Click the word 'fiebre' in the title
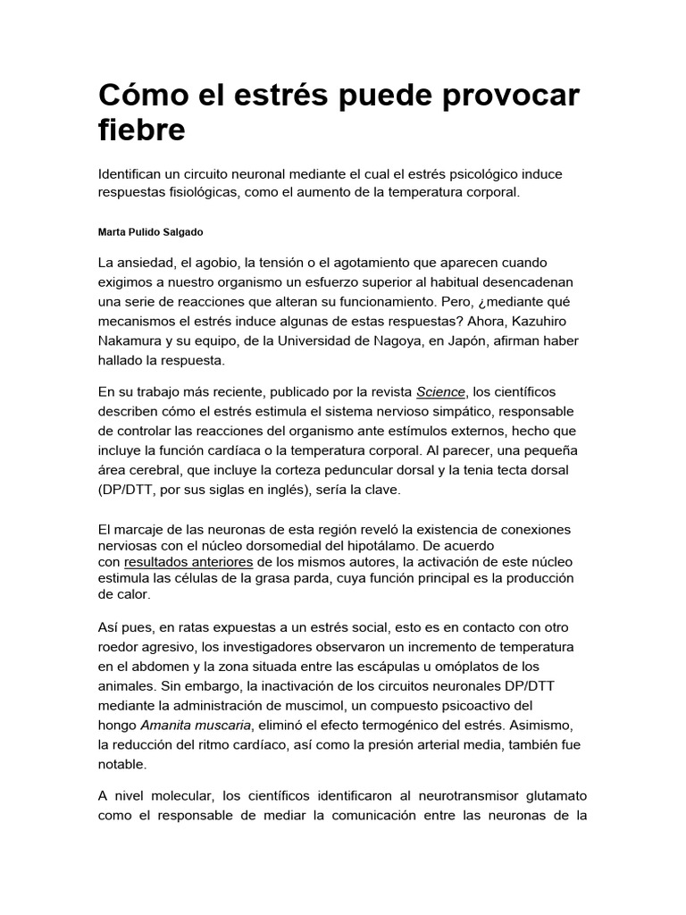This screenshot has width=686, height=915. [142, 130]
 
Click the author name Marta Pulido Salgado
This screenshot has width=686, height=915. [150, 231]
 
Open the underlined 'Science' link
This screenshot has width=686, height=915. [440, 391]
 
